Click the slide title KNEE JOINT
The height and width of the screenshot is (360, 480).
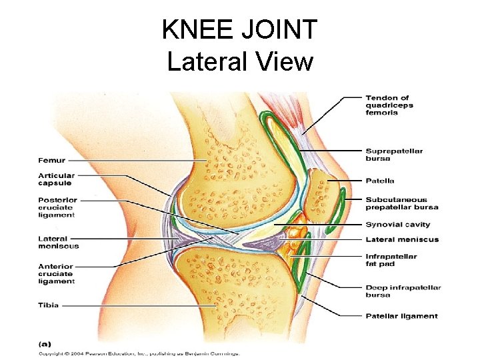240,30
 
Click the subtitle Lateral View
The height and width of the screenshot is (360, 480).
240,61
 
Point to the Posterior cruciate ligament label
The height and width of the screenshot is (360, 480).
57,207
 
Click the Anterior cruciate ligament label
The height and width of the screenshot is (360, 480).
56,273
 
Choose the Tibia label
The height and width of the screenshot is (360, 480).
48,305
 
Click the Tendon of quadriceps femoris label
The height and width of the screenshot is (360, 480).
389,105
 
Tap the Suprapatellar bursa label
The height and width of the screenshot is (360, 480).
393,155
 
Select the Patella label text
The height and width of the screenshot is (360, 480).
379,181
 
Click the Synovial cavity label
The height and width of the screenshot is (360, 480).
397,225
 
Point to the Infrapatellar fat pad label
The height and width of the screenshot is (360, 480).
391,260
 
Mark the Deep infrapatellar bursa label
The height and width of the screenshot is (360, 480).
403,291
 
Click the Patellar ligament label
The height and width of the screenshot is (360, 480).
401,316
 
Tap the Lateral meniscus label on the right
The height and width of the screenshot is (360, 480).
402,239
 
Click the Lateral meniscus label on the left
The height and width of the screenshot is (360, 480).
58,242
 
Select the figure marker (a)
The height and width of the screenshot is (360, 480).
45,343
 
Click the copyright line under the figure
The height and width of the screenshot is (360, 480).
139,353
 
